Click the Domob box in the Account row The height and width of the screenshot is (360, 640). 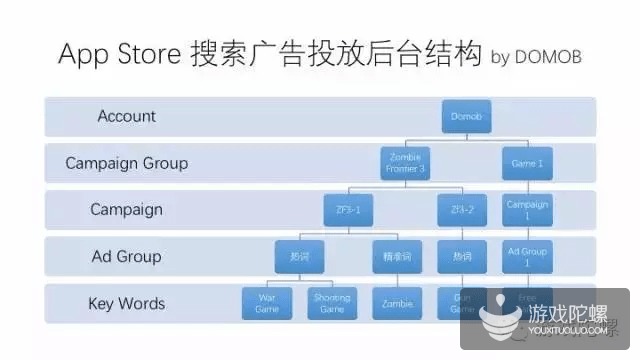tap(467, 116)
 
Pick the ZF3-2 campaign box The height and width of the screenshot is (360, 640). tap(462, 210)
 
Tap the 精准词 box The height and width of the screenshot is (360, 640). tap(397, 257)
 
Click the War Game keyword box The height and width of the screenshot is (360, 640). tap(267, 303)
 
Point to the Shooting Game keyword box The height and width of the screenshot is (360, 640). tap(332, 303)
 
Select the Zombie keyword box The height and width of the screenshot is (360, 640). tap(397, 303)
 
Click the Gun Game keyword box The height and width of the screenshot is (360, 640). tap(462, 303)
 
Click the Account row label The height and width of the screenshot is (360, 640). tap(127, 116)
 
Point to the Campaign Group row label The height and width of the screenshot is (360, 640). tap(126, 163)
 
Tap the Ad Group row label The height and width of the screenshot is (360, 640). tap(127, 257)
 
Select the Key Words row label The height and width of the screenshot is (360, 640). tap(127, 303)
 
